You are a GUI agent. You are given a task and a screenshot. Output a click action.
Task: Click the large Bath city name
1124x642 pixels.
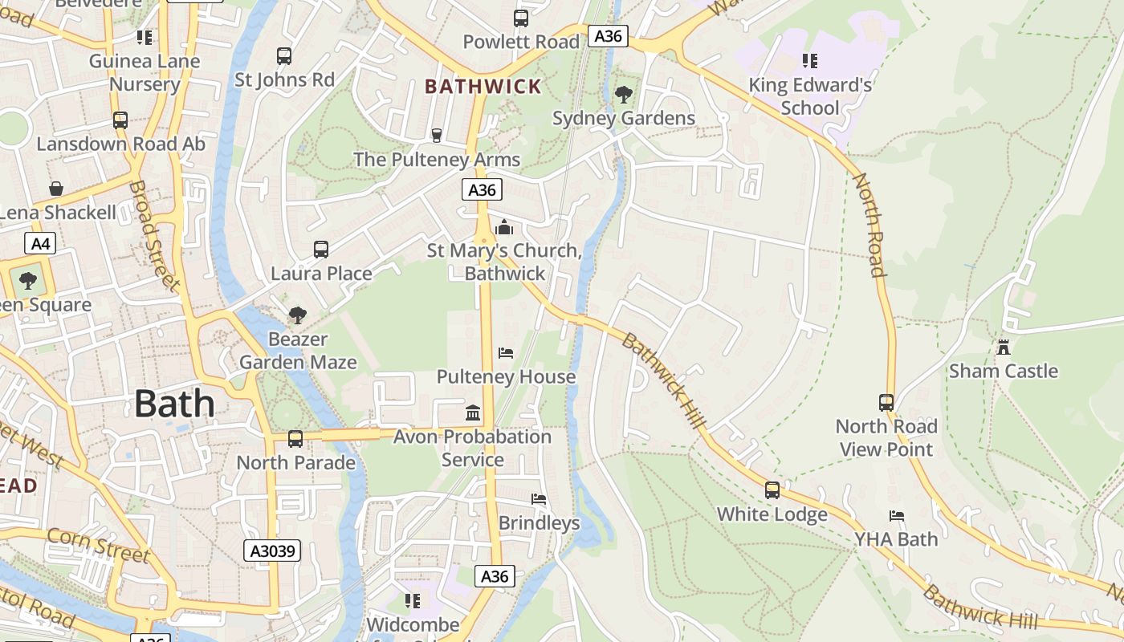[174, 404]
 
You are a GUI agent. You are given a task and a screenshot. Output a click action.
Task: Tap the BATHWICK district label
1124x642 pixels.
[483, 87]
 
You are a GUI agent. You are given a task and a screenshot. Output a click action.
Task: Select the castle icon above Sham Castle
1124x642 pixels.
[1003, 347]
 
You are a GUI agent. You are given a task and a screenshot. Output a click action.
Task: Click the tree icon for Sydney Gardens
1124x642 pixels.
[623, 95]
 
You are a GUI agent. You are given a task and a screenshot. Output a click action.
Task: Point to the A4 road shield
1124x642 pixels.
[39, 243]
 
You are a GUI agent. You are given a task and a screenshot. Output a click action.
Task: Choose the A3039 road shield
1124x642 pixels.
[273, 551]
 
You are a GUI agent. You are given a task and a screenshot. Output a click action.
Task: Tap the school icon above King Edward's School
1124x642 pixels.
[810, 61]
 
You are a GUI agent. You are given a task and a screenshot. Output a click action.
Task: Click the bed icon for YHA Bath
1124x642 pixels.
[897, 515]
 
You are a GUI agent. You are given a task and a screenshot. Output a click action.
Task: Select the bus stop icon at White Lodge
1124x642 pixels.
[772, 490]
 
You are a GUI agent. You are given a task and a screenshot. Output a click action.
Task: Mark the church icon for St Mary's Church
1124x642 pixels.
[504, 227]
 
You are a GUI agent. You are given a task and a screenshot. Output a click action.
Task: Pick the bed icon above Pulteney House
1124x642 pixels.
[506, 353]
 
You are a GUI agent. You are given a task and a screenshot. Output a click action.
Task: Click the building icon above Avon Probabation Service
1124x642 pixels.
[473, 413]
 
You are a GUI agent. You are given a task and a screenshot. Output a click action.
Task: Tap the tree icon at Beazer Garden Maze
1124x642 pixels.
[298, 315]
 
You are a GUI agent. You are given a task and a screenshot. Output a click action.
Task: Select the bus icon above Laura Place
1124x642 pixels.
[321, 250]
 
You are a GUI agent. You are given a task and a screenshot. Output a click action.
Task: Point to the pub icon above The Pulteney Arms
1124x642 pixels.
[437, 136]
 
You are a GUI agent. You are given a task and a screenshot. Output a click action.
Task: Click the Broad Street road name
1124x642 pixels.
[153, 234]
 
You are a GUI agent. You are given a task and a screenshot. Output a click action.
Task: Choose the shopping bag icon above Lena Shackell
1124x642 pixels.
[56, 189]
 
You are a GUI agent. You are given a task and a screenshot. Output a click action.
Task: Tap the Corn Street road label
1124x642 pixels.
[98, 545]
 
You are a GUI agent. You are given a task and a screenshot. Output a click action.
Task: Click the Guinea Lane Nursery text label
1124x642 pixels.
[145, 72]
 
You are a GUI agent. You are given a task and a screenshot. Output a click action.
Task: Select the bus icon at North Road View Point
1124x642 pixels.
[886, 402]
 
